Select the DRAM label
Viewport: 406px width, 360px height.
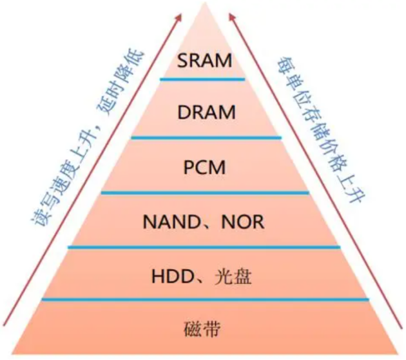tap(206, 112)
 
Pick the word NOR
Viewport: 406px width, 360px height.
tap(242, 222)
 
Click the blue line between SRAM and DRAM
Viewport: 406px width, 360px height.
tap(202, 79)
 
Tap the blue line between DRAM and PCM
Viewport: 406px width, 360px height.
tap(206, 137)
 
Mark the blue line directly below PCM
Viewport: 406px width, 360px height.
tap(204, 192)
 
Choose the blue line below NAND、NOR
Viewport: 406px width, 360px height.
tap(204, 246)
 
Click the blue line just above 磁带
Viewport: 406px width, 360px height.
tap(205, 299)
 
